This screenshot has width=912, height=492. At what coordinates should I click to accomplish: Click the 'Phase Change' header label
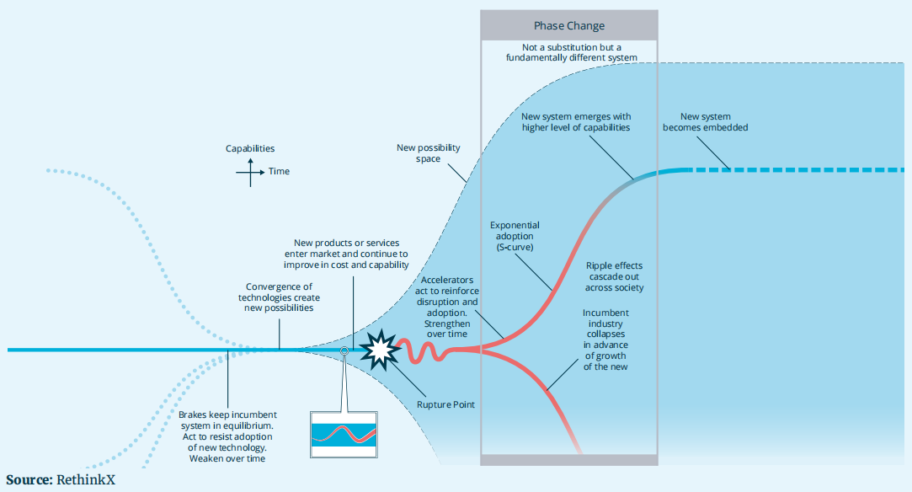(569, 26)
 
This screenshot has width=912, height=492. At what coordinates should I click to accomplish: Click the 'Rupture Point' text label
(446, 404)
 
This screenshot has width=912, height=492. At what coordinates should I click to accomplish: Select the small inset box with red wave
(344, 434)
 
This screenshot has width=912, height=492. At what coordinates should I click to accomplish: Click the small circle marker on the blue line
(344, 350)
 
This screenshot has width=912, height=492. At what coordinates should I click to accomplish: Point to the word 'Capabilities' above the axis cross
(250, 149)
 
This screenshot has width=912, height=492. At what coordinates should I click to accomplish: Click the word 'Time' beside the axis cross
(279, 172)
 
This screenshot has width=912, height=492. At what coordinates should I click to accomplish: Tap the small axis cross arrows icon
(250, 172)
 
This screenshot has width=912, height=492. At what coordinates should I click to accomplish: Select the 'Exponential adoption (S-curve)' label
(515, 237)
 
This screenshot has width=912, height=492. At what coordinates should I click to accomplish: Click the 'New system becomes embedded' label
(706, 122)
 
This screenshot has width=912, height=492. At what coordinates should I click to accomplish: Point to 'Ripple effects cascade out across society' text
(615, 276)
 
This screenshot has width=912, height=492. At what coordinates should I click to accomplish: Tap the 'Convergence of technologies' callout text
(279, 297)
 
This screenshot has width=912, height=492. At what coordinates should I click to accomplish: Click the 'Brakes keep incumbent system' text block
(227, 436)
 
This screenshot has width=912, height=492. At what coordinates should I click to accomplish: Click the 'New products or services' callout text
(351, 254)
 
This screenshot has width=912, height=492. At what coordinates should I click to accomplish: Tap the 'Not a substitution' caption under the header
(568, 52)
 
